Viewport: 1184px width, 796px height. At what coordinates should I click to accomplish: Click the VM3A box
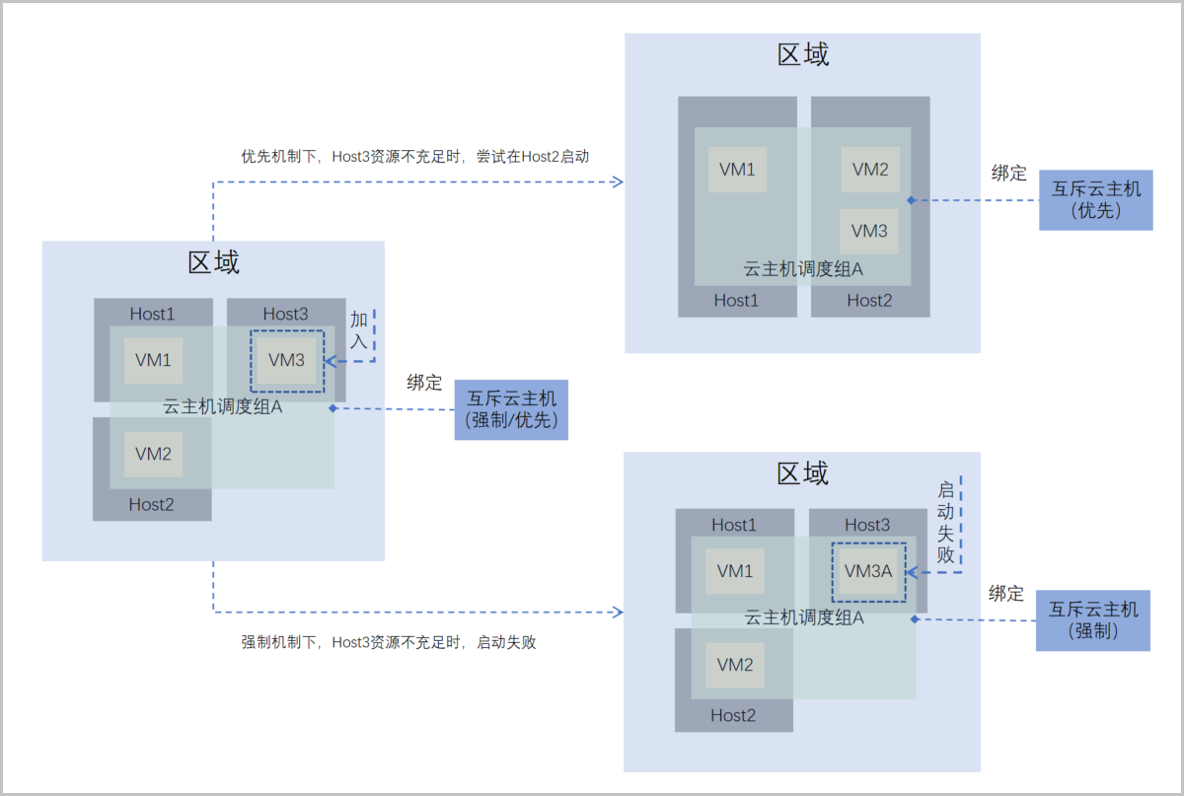click(868, 571)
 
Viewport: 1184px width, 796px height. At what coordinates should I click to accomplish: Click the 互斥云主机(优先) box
click(1095, 199)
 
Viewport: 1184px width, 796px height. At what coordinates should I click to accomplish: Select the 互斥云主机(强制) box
click(1093, 620)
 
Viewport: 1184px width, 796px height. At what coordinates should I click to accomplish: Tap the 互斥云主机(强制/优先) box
click(511, 409)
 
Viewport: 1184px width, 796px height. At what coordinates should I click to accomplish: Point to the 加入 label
click(359, 330)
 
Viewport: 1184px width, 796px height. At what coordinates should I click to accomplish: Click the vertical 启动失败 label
click(945, 522)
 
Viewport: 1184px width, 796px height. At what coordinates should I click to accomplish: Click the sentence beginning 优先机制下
click(415, 156)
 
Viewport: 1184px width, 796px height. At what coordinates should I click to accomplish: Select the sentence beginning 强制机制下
click(389, 642)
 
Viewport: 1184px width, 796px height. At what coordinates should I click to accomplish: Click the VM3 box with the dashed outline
click(287, 360)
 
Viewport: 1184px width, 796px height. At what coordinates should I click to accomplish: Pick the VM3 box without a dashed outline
click(869, 231)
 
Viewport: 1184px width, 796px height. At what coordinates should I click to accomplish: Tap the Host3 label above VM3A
click(867, 525)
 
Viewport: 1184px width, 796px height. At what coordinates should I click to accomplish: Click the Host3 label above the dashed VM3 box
click(285, 314)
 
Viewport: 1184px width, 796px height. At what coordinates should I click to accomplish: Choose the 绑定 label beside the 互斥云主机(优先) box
click(1008, 174)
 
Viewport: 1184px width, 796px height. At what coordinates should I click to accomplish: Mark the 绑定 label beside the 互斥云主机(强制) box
click(1006, 594)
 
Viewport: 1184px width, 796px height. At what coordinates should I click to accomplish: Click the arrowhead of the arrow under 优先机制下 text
click(619, 181)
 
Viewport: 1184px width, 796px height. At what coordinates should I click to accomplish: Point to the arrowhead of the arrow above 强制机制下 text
click(618, 612)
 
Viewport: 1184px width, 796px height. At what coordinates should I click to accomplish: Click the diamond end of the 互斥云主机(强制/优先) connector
click(333, 407)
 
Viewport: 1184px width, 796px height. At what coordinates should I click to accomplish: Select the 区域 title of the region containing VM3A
click(802, 473)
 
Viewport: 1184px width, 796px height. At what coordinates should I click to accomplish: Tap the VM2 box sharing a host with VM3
click(869, 169)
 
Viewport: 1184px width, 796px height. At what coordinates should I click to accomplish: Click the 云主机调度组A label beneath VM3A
click(803, 618)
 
